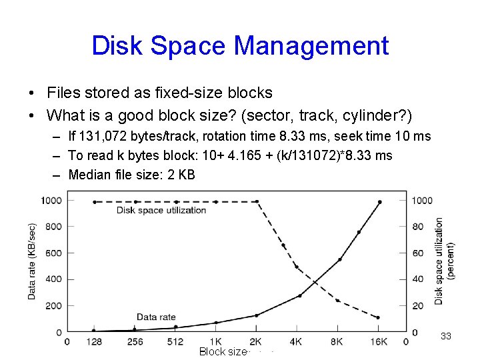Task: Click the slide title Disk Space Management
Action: tap(240, 46)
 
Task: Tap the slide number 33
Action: tap(446, 337)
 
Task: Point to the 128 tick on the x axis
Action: tap(94, 342)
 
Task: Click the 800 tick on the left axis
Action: tap(51, 227)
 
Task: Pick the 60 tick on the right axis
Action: tap(417, 253)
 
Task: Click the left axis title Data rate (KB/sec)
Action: tap(32, 261)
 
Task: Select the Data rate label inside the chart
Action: tap(155, 317)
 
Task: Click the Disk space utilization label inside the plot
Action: tap(161, 210)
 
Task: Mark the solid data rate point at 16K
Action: tap(380, 202)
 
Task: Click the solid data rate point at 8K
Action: tap(339, 259)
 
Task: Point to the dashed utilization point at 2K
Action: tap(257, 201)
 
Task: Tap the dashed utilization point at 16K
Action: tap(379, 317)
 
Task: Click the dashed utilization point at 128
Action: tap(94, 201)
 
